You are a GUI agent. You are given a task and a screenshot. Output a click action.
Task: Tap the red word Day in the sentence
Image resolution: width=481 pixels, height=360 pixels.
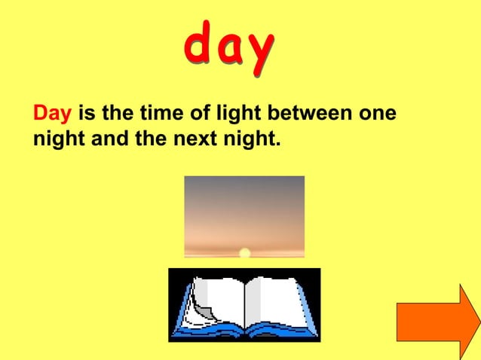(53, 115)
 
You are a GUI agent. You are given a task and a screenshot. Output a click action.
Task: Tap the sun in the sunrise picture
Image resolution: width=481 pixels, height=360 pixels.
(244, 253)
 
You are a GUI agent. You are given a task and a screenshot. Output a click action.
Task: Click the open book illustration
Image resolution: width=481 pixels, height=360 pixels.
(244, 304)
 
